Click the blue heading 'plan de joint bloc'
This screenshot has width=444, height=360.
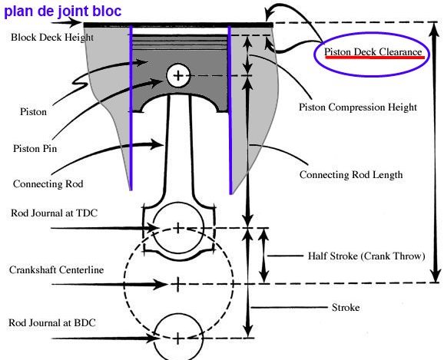[63, 12]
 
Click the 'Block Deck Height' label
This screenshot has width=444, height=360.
[52, 37]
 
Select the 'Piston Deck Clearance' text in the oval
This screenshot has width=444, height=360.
[373, 51]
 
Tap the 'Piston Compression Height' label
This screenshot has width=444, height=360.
[358, 107]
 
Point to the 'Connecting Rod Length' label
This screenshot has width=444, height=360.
[351, 174]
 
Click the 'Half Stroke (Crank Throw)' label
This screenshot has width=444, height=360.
[366, 256]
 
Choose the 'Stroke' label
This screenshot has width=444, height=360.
[346, 307]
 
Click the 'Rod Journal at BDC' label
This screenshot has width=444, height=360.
[52, 322]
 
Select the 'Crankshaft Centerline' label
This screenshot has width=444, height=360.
[56, 269]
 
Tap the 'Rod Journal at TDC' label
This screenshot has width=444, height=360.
[54, 213]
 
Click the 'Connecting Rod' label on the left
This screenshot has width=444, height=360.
[48, 184]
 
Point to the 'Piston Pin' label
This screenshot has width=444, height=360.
[35, 149]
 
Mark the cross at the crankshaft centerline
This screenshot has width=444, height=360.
[177, 284]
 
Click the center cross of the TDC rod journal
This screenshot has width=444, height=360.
[177, 228]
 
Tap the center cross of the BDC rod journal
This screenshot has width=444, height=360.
[177, 339]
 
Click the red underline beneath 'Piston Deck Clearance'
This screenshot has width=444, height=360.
[375, 58]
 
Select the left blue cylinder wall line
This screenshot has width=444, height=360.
[131, 108]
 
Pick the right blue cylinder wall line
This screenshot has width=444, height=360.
[230, 110]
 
